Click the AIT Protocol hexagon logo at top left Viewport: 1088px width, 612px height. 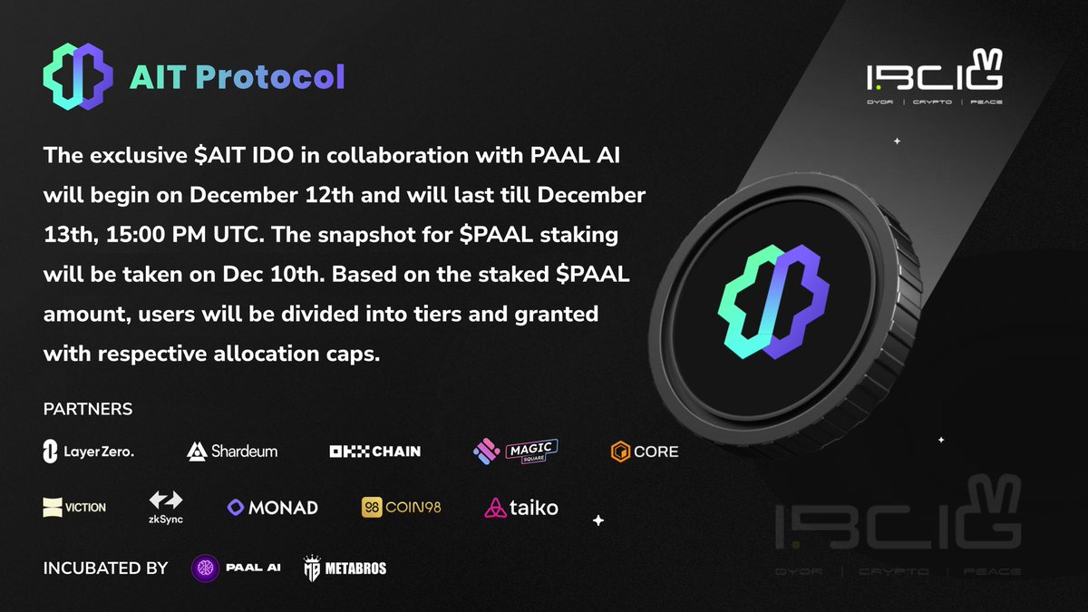pyautogui.click(x=78, y=76)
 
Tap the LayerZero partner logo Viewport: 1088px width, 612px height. pyautogui.click(x=89, y=451)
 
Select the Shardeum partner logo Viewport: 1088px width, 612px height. pyautogui.click(x=232, y=451)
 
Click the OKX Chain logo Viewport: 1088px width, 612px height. pyautogui.click(x=374, y=451)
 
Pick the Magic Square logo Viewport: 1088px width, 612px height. pyautogui.click(x=515, y=450)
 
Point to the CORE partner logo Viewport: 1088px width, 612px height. pyautogui.click(x=645, y=451)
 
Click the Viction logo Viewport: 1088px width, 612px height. pyautogui.click(x=74, y=507)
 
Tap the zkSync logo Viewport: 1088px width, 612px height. pyautogui.click(x=166, y=506)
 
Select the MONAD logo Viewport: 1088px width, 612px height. pyautogui.click(x=272, y=507)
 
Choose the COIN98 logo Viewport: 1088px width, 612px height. pyautogui.click(x=401, y=507)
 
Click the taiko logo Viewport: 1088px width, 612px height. pyautogui.click(x=521, y=507)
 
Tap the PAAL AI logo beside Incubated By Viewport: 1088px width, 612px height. pyautogui.click(x=237, y=568)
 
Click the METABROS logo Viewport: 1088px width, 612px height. pyautogui.click(x=345, y=568)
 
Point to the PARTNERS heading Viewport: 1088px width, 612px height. pyautogui.click(x=88, y=409)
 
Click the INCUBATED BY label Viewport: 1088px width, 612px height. pyautogui.click(x=105, y=568)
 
